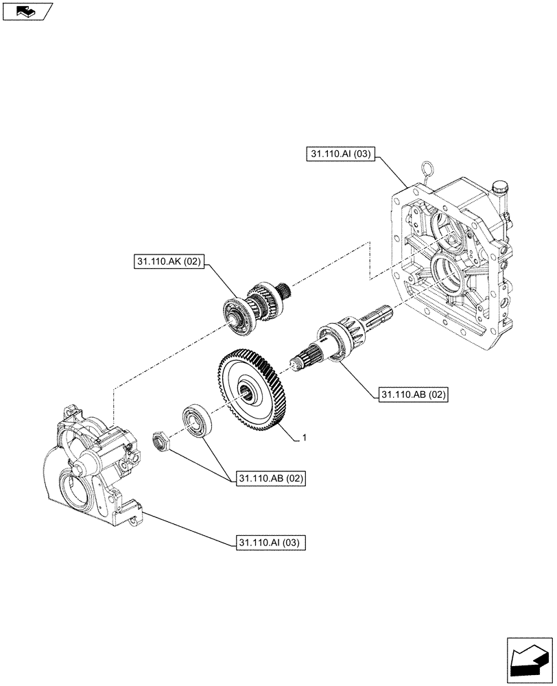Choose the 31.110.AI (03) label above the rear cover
pyautogui.click(x=340, y=154)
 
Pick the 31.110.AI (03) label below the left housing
pyautogui.click(x=270, y=542)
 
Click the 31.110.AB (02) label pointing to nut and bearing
pyautogui.click(x=270, y=478)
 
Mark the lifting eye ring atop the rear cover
pyautogui.click(x=429, y=168)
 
